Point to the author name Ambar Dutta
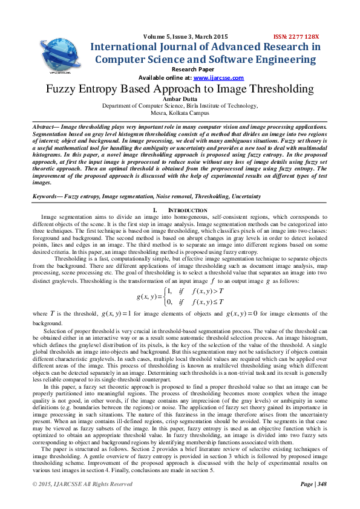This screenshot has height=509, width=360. [x=180, y=98]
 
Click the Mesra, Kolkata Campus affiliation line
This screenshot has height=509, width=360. [x=180, y=112]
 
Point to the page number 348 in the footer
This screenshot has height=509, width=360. [x=321, y=484]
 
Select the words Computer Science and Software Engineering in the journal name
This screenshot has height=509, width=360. [x=205, y=59]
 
